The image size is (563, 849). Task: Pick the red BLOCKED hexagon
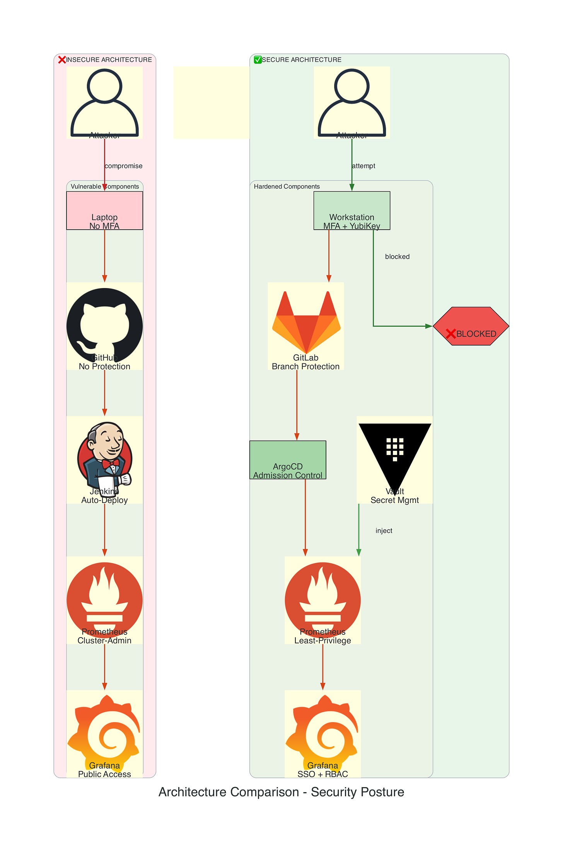[x=471, y=326]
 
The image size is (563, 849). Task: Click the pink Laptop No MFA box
[x=104, y=211]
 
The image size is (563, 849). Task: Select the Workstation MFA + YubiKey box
[x=351, y=211]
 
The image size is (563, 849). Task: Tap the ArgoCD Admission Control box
[x=288, y=460]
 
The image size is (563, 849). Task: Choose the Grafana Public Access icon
[x=104, y=731]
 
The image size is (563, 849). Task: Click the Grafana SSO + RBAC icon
[x=322, y=731]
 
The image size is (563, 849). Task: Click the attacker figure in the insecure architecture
[x=104, y=102]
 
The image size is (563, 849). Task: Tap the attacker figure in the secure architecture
[x=351, y=102]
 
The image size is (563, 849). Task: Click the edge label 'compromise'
[x=124, y=166]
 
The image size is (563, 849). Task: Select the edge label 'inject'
[x=384, y=531]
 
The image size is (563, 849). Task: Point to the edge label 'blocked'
[x=397, y=257]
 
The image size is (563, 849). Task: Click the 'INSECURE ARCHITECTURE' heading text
[x=109, y=60]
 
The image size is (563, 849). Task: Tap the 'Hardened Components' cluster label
[x=287, y=186]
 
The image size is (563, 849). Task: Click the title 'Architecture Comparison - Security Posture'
[x=281, y=792]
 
